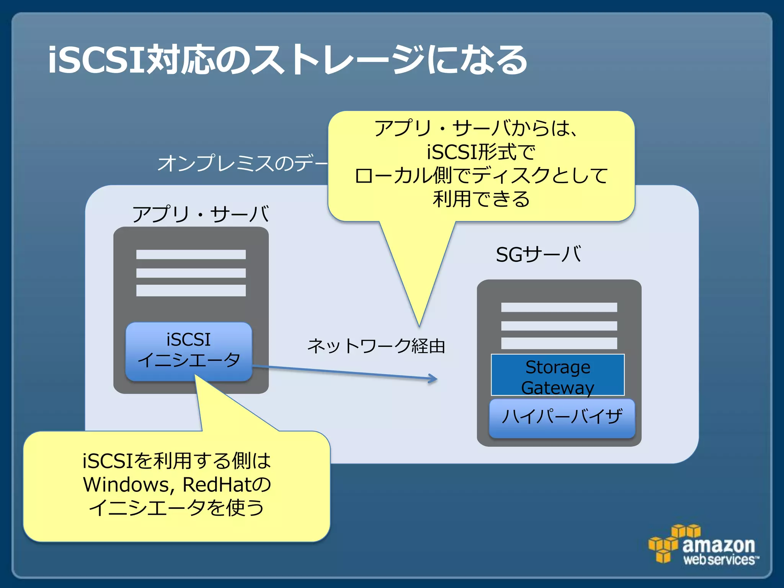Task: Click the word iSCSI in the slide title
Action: tap(96, 60)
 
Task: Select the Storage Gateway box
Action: tap(557, 375)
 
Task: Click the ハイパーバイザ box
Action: tap(562, 418)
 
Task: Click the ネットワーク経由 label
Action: tap(376, 346)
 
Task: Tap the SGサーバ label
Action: tap(538, 254)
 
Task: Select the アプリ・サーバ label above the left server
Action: tap(201, 214)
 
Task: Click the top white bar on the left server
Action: tap(191, 255)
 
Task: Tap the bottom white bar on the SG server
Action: tap(559, 343)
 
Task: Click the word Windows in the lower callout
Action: tap(126, 485)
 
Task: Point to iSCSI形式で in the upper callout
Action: tap(481, 152)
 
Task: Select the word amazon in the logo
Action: tap(719, 544)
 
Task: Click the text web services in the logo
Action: tap(719, 560)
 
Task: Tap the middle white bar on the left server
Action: tap(191, 273)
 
